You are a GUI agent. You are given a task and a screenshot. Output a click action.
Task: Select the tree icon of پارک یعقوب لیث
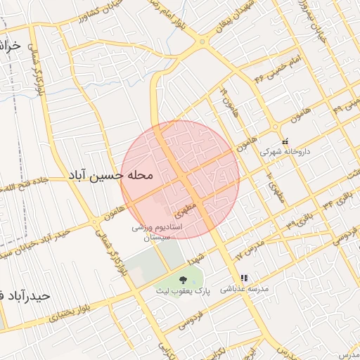point(183,279)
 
